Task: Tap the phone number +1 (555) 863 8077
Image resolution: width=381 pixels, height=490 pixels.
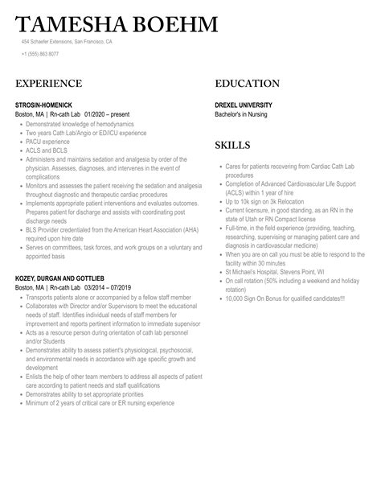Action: [x=40, y=54]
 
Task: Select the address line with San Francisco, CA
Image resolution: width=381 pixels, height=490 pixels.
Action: [x=68, y=41]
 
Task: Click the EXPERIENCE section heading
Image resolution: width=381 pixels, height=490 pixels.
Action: [x=48, y=84]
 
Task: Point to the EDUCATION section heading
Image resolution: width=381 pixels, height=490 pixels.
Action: [x=248, y=84]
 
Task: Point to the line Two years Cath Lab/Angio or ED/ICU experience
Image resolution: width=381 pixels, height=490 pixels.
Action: [x=88, y=133]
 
